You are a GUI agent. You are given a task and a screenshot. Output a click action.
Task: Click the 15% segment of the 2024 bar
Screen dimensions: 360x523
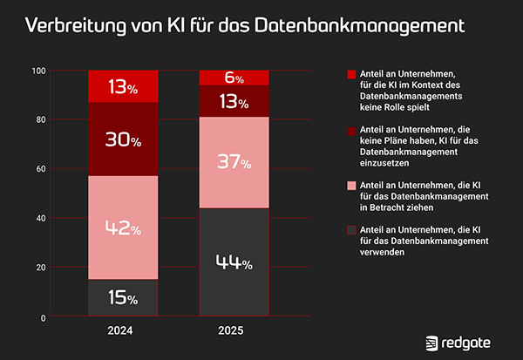point(123,298)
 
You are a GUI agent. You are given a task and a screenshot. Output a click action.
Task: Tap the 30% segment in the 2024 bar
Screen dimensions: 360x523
point(123,139)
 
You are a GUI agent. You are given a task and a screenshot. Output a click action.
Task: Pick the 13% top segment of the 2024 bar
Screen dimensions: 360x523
point(123,86)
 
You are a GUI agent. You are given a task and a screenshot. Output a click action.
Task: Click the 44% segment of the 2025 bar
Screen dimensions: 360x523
point(234,262)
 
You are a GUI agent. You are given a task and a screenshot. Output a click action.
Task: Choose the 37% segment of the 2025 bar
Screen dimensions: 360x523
point(234,162)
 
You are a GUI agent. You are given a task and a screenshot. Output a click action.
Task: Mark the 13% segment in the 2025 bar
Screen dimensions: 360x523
point(234,101)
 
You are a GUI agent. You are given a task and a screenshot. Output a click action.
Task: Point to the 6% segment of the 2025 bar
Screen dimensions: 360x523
point(234,78)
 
